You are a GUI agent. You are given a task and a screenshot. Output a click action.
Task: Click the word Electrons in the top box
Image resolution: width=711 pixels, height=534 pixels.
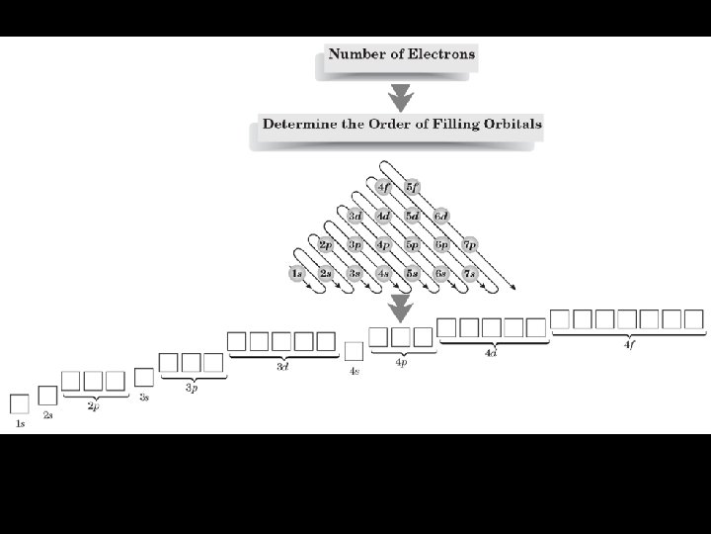pyautogui.click(x=437, y=53)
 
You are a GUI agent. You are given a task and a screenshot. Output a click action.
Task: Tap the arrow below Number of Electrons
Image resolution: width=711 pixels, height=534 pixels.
pyautogui.click(x=400, y=97)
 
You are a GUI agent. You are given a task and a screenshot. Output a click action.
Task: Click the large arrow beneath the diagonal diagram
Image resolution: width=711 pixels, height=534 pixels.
pyautogui.click(x=400, y=308)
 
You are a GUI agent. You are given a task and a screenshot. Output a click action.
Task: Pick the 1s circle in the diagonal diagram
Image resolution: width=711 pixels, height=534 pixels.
pyautogui.click(x=296, y=273)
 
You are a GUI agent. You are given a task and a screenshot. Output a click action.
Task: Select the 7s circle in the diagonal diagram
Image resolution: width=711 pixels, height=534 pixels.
pyautogui.click(x=470, y=273)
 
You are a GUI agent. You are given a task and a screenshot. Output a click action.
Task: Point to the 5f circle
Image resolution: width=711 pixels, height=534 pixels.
pyautogui.click(x=412, y=187)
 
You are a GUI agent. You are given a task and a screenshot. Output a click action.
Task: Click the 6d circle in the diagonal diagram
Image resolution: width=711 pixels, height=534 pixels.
pyautogui.click(x=441, y=216)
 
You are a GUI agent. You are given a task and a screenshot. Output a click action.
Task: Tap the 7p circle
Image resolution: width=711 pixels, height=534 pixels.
pyautogui.click(x=470, y=244)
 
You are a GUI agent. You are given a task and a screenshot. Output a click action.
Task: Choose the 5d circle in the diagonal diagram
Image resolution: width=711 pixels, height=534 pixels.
pyautogui.click(x=412, y=216)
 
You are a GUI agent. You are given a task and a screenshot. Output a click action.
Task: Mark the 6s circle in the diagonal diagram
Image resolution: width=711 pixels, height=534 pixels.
pyautogui.click(x=441, y=273)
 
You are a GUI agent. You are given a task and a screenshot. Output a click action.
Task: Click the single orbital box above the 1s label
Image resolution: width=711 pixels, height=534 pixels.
pyautogui.click(x=19, y=404)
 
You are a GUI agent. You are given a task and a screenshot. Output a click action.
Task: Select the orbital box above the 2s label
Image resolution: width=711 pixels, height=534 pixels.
pyautogui.click(x=47, y=396)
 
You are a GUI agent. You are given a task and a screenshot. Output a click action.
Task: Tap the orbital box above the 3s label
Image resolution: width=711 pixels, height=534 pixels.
pyautogui.click(x=144, y=377)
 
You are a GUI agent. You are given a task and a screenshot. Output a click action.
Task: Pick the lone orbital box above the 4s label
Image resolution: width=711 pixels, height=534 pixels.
pyautogui.click(x=354, y=351)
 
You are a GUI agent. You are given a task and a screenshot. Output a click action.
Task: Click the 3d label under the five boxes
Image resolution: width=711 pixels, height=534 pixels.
pyautogui.click(x=282, y=368)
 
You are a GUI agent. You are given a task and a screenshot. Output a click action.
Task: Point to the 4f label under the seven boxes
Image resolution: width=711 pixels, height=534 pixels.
pyautogui.click(x=629, y=344)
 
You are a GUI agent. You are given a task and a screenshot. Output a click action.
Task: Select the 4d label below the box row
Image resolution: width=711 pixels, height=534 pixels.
pyautogui.click(x=491, y=353)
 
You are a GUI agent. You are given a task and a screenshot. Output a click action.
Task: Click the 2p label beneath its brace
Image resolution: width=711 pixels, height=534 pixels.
pyautogui.click(x=93, y=406)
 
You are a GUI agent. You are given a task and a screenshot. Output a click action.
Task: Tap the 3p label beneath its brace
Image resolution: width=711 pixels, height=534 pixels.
pyautogui.click(x=192, y=389)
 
